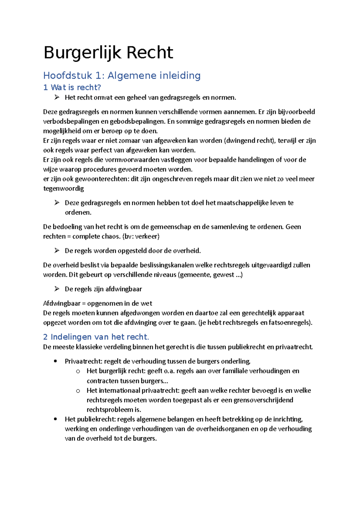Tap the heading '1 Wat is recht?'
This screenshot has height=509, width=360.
pos(72,88)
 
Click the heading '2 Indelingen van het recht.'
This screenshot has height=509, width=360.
pos(96,337)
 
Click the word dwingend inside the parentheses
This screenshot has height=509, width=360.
pos(239,141)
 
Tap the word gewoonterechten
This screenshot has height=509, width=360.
pos(102,179)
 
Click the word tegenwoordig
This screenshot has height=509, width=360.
pos(64,189)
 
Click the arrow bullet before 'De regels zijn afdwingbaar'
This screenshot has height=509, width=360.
pos(57,289)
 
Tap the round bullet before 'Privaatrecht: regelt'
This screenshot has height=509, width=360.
pos(55,361)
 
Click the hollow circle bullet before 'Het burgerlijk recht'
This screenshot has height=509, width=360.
pos(78,371)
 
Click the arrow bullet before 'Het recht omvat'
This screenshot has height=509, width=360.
pos(57,97)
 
